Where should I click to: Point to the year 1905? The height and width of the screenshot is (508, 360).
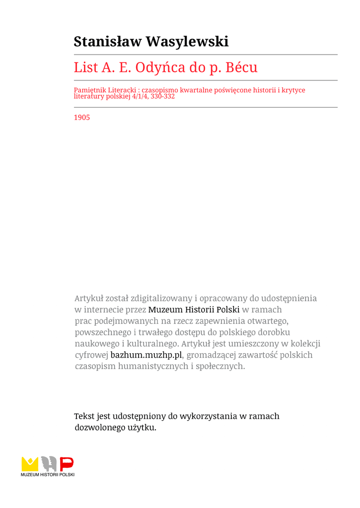pyautogui.click(x=82, y=118)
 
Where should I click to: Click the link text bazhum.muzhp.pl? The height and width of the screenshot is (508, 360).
pyautogui.click(x=146, y=355)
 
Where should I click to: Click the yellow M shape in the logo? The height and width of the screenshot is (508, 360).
pyautogui.click(x=30, y=464)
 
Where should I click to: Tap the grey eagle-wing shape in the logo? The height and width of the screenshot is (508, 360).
pyautogui.click(x=49, y=464)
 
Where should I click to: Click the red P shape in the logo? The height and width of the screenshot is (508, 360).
pyautogui.click(x=67, y=464)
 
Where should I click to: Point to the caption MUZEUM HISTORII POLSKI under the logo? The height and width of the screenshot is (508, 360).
pyautogui.click(x=48, y=475)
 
